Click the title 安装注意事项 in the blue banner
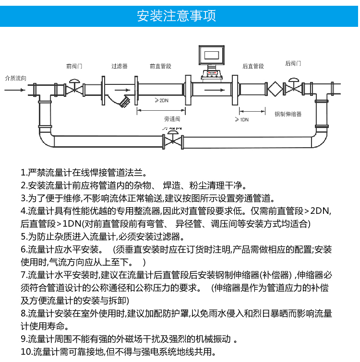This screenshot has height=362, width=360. coord(176,16)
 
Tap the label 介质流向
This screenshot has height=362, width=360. coord(15,78)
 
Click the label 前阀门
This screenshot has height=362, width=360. coord(74,66)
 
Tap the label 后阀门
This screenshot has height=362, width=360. coord(293,63)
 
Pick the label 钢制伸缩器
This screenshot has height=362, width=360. coord(288,114)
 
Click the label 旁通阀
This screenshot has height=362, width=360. coord(172,118)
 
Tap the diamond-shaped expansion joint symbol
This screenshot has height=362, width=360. coord(275,89)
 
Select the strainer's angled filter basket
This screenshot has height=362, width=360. coord(125,101)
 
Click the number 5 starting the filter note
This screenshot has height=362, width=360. coord(23,236)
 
